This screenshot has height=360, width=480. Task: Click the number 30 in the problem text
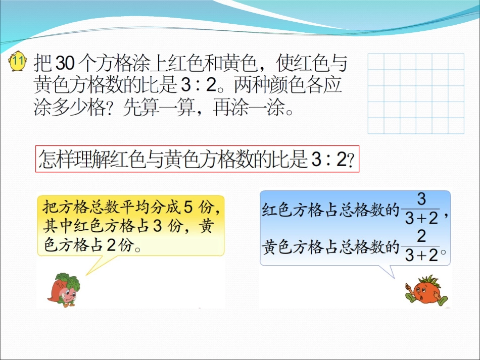click(x=64, y=64)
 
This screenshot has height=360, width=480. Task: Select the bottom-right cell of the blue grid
click(x=456, y=126)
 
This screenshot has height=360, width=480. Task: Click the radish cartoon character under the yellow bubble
click(x=64, y=290)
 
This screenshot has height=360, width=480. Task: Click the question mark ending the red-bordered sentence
click(x=350, y=161)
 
